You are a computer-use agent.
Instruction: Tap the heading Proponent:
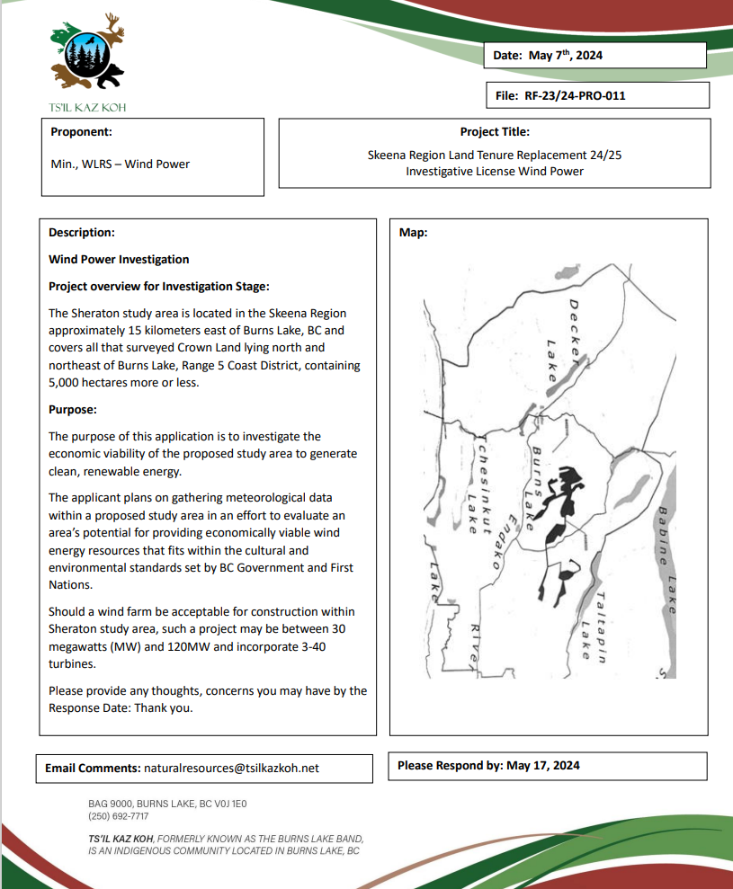[x=81, y=131]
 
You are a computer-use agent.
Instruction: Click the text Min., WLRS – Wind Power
[x=120, y=164]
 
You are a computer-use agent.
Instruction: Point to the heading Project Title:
[x=494, y=131]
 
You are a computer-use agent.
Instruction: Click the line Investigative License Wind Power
[x=494, y=171]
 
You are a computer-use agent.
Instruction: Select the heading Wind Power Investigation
[x=119, y=259]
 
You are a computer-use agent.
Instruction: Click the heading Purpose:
[x=73, y=409]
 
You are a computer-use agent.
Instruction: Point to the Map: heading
[x=413, y=232]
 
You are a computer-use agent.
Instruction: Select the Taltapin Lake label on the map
[x=594, y=626]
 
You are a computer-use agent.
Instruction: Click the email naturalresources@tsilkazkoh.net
[x=231, y=769]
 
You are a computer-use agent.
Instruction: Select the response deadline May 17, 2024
[x=543, y=766]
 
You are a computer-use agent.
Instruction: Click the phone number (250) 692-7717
[x=119, y=816]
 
